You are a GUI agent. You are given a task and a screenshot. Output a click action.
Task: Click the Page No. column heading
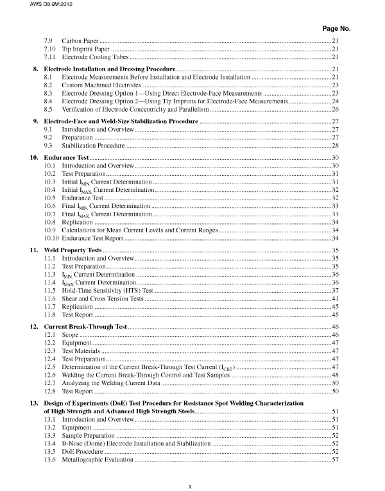[x=334, y=29]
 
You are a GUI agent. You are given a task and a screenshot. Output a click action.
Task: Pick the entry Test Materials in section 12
[x=81, y=351]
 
